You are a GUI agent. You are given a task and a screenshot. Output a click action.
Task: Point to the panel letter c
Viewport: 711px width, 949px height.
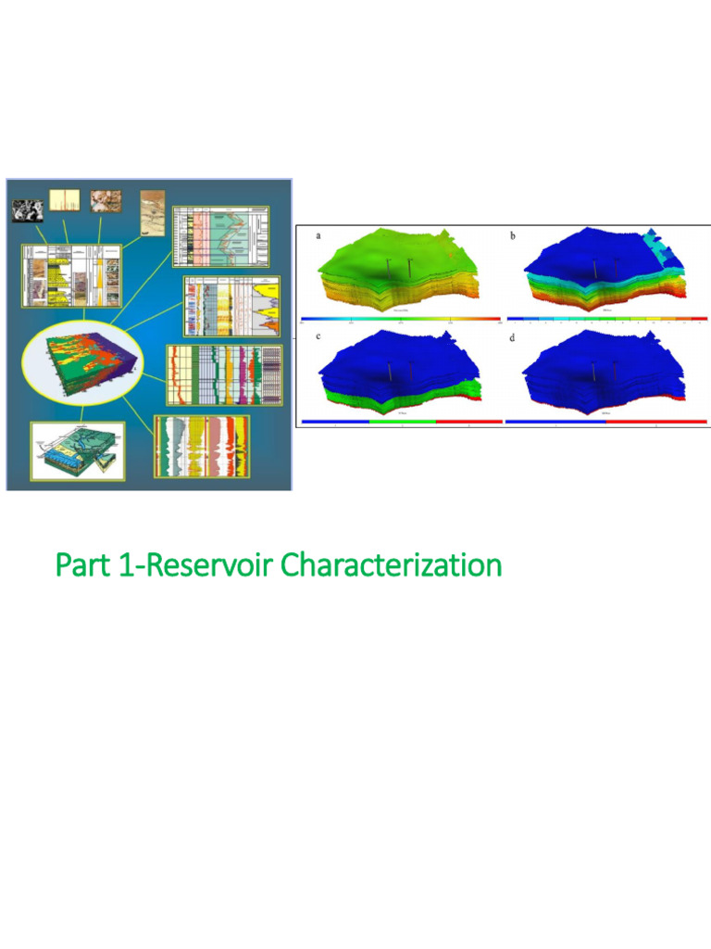(319, 335)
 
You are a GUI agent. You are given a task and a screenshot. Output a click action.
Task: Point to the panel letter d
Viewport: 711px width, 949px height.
(512, 335)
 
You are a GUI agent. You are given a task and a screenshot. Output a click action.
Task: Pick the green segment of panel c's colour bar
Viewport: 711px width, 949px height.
(402, 421)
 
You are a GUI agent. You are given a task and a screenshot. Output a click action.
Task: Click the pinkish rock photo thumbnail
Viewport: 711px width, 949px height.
(104, 201)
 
